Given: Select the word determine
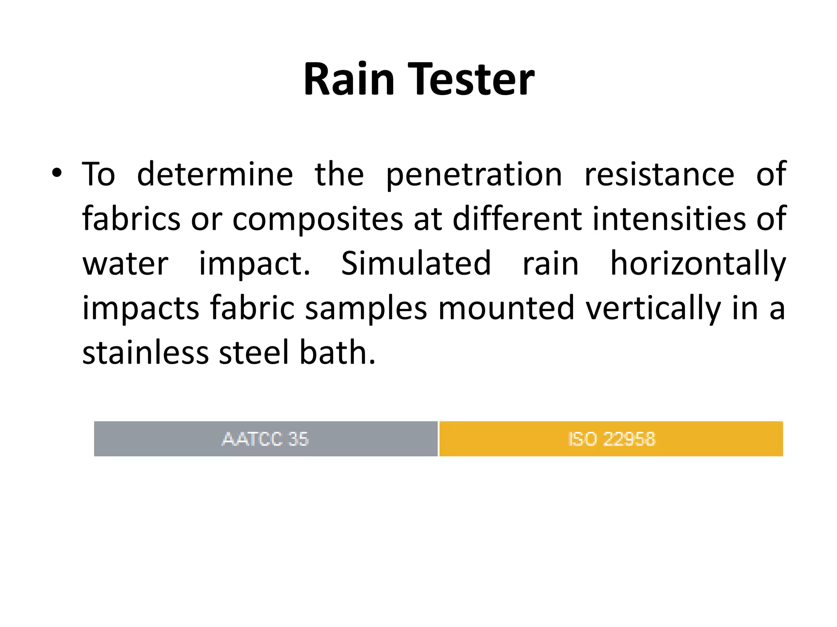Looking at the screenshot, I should [x=215, y=175].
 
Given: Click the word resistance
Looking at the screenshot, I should [x=659, y=175].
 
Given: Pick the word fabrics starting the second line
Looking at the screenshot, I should [x=131, y=219].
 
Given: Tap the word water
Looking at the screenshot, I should [x=125, y=264].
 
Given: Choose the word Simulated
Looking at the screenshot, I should [x=416, y=263].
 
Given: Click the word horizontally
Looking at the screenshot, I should [x=698, y=264].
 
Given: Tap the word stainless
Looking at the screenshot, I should [x=145, y=352].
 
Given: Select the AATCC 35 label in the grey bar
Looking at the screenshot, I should [x=265, y=439].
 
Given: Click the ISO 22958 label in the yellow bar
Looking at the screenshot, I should [x=611, y=439].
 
